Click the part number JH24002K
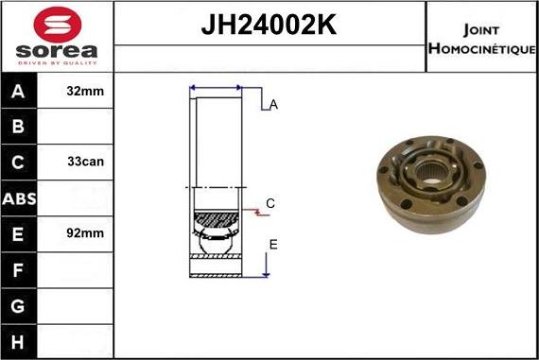click(x=269, y=26)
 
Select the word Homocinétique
click(x=481, y=48)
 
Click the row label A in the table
click(x=20, y=93)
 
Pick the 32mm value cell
click(x=86, y=93)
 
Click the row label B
click(x=20, y=127)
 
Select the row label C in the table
click(x=20, y=162)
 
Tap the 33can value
click(x=86, y=162)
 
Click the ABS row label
click(x=20, y=197)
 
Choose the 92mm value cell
click(x=86, y=232)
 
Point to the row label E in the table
click(x=20, y=232)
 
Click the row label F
click(x=20, y=269)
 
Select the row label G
click(x=20, y=305)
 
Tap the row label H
click(x=20, y=340)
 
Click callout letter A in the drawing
click(x=273, y=105)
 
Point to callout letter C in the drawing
click(x=270, y=203)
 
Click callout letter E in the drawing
click(x=273, y=245)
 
